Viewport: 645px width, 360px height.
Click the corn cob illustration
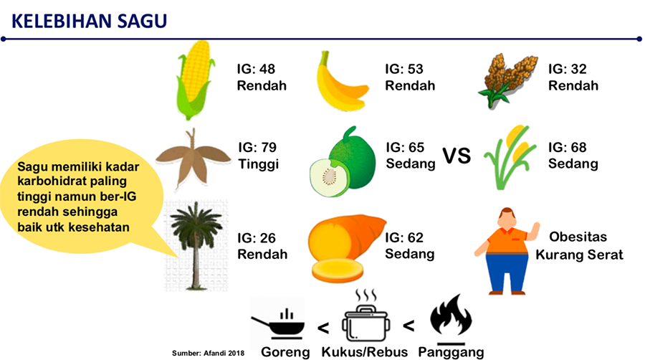click(x=195, y=80)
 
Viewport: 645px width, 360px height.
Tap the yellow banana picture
click(x=340, y=82)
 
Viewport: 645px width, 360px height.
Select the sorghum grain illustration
click(x=507, y=80)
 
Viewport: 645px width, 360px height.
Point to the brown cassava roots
click(x=193, y=158)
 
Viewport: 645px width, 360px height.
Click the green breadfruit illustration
click(x=343, y=162)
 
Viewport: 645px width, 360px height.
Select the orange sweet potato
click(x=345, y=247)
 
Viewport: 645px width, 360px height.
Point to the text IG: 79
click(x=257, y=147)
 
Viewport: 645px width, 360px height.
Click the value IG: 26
click(x=257, y=238)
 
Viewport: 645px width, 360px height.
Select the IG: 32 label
click(x=568, y=69)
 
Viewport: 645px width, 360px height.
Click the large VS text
click(x=457, y=156)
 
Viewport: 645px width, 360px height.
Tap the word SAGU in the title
click(x=143, y=21)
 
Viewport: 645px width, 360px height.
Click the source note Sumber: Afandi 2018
click(x=208, y=353)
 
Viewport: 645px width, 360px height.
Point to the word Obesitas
click(x=578, y=237)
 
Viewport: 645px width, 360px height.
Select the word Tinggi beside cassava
click(x=258, y=164)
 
